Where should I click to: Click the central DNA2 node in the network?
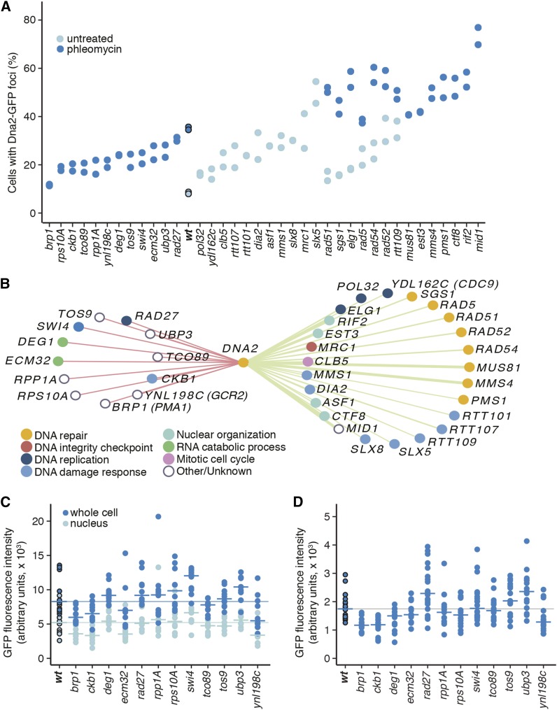(x=243, y=362)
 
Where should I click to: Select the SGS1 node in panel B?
(x=412, y=297)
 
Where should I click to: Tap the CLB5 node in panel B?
(x=308, y=362)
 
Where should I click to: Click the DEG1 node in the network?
(x=62, y=342)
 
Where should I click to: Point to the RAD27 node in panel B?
(x=126, y=320)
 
